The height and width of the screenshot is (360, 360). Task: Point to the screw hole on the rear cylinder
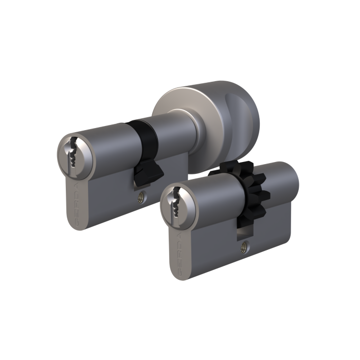pos(140,196)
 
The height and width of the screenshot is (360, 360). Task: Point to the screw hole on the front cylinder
pos(243,245)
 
